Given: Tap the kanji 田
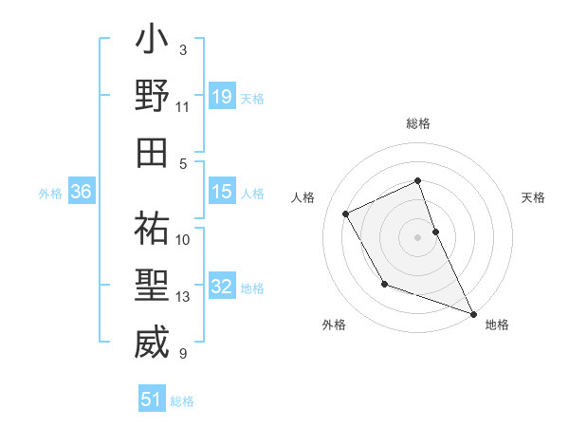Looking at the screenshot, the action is click(x=151, y=152).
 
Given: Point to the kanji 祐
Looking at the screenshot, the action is click(x=151, y=229).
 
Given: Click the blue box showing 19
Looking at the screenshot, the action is click(x=221, y=96).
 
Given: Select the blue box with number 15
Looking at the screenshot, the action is click(x=221, y=192).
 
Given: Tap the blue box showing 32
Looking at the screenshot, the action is click(x=221, y=287).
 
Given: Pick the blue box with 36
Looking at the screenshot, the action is click(x=82, y=192).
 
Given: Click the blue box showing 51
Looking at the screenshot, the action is click(x=152, y=400).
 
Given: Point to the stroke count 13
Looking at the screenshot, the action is click(x=183, y=297).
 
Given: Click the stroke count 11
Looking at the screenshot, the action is click(x=183, y=107).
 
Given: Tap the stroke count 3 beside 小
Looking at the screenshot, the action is click(x=183, y=49).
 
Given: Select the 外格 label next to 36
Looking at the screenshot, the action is click(x=50, y=193).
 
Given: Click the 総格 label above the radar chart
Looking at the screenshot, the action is click(x=418, y=124).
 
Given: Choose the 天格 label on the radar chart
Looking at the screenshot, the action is click(x=534, y=197).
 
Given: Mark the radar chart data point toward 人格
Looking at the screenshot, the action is click(x=346, y=214).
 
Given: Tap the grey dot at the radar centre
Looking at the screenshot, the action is click(x=418, y=236).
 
